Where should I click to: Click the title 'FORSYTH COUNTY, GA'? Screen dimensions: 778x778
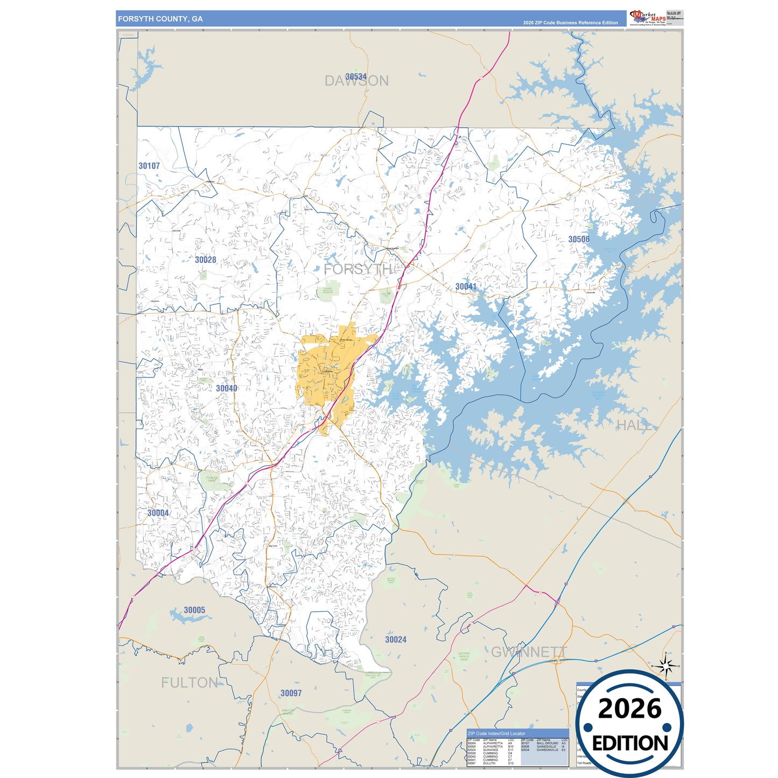point(160,19)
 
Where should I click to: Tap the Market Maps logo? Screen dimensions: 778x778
point(648,17)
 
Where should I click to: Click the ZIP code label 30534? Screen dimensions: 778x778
point(356,76)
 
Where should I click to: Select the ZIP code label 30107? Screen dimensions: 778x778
point(149,166)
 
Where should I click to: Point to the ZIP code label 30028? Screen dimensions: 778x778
point(205,260)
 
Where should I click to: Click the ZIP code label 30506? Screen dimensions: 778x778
point(579,239)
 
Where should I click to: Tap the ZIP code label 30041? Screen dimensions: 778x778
point(466,286)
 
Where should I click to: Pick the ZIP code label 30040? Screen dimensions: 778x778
point(227,388)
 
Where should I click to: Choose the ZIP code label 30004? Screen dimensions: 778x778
point(158,513)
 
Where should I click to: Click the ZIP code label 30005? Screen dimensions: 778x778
point(194,610)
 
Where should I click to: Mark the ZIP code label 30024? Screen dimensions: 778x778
point(396,640)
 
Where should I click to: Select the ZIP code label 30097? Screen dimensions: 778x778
point(291,693)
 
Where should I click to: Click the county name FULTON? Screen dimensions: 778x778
point(190,683)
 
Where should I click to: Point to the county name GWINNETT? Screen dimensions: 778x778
point(529,652)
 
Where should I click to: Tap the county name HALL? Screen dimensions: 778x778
point(634,425)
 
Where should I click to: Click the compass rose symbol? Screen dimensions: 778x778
point(667,667)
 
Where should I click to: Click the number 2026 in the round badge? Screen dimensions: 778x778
point(629,709)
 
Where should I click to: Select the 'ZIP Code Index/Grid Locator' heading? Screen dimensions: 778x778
point(496,733)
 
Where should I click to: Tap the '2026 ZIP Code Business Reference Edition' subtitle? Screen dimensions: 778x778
point(570,23)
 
